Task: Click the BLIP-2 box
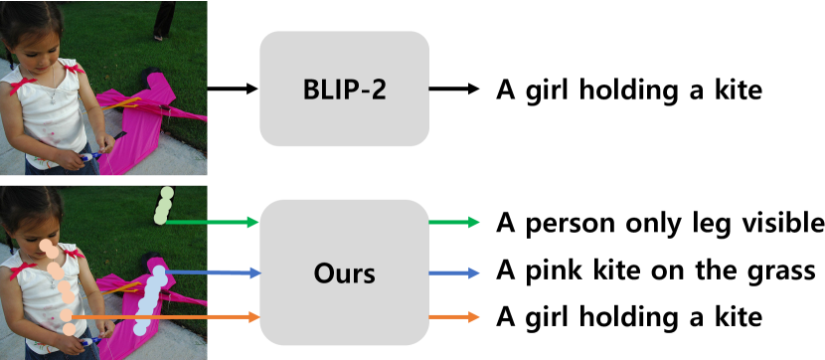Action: click(344, 90)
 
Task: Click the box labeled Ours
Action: click(344, 271)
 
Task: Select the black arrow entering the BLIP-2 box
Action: click(233, 90)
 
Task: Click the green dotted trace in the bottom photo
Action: click(164, 206)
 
